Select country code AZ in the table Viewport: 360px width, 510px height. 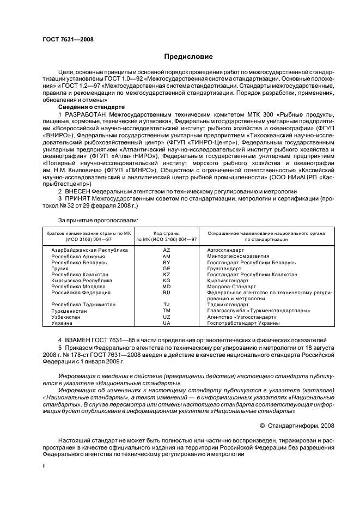pos(167,250)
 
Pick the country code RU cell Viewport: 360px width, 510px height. pos(167,292)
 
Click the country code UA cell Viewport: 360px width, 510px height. pos(167,323)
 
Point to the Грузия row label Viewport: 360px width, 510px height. pos(60,269)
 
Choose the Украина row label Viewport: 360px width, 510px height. pos(61,323)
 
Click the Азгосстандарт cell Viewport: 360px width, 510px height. pos(225,250)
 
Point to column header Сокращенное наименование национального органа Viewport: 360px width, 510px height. pos(266,233)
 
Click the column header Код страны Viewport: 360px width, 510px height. pos(166,233)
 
